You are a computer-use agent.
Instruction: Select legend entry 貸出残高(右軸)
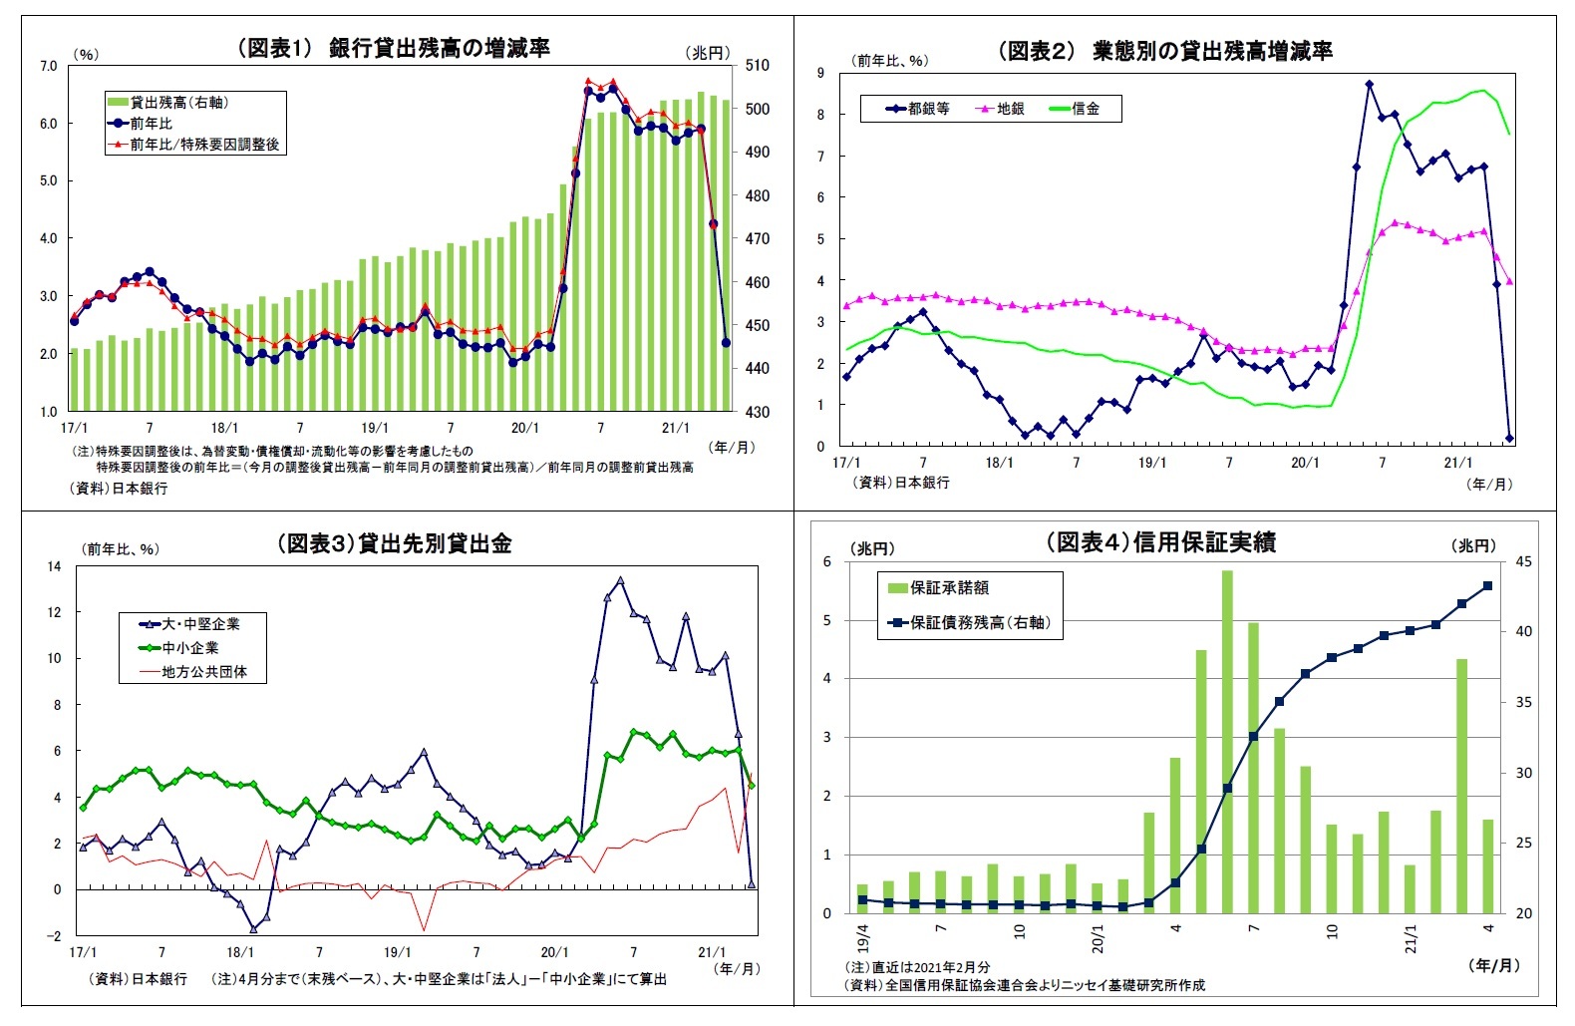pyautogui.click(x=179, y=102)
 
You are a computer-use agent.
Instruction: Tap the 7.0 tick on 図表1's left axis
pyautogui.click(x=48, y=66)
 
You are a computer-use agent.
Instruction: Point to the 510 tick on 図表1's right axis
pyautogui.click(x=757, y=66)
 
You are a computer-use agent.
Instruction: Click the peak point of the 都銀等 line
pyautogui.click(x=1369, y=85)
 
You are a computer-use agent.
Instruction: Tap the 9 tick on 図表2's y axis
pyautogui.click(x=820, y=72)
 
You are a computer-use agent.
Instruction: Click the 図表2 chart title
pyautogui.click(x=1165, y=51)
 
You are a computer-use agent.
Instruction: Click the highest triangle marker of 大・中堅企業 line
pyautogui.click(x=620, y=580)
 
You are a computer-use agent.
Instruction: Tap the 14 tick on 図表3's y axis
pyautogui.click(x=54, y=566)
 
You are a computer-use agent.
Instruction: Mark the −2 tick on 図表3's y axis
pyautogui.click(x=53, y=935)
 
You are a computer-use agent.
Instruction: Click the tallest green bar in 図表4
pyautogui.click(x=1227, y=742)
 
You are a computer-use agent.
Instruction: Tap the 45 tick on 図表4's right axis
pyautogui.click(x=1523, y=562)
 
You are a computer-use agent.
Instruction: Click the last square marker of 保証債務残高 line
pyautogui.click(x=1487, y=586)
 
